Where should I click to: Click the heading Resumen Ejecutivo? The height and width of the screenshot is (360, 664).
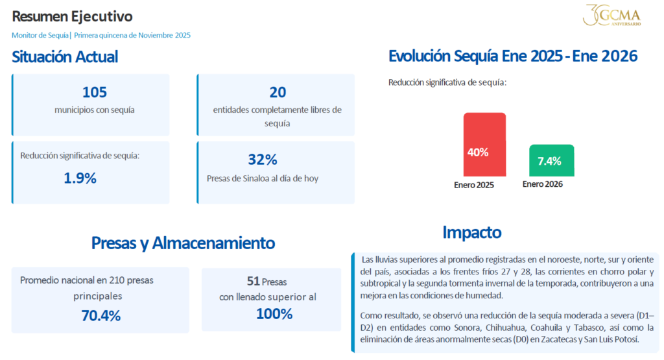tap(72, 16)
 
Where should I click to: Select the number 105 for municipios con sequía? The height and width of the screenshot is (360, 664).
tap(95, 92)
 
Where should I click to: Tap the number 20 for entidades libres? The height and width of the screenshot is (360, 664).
tap(278, 92)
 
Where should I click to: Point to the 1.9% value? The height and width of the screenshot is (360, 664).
tap(80, 178)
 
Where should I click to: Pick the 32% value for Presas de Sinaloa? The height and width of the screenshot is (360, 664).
tap(263, 160)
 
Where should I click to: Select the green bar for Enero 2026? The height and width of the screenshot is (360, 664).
tap(551, 160)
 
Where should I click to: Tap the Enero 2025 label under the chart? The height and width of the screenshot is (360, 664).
tap(474, 185)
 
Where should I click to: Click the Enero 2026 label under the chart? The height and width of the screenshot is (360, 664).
tap(543, 184)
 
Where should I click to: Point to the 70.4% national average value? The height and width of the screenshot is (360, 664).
tap(101, 316)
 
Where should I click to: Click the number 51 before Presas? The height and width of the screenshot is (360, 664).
tap(253, 282)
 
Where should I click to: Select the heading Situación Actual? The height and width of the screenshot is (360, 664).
tap(65, 56)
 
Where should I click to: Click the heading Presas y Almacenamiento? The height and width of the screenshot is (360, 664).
tap(183, 243)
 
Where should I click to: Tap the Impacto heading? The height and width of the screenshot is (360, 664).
tap(471, 232)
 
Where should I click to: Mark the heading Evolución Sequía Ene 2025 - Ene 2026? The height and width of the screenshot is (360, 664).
tap(513, 56)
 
